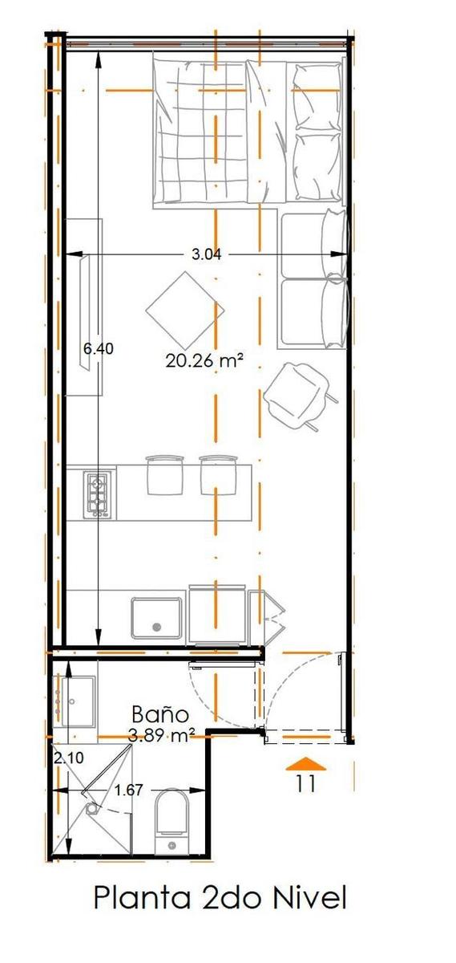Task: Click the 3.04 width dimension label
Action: click(206, 254)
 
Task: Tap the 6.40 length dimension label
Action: click(99, 348)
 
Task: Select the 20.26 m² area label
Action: click(205, 360)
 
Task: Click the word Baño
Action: click(160, 714)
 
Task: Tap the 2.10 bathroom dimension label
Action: click(69, 757)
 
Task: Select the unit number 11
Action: click(305, 783)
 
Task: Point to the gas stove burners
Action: click(99, 494)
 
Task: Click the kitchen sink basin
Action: click(156, 618)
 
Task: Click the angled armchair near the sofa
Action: click(299, 396)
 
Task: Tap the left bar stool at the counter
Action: click(165, 474)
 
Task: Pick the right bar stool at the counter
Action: click(218, 474)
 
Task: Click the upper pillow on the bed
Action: click(317, 95)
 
